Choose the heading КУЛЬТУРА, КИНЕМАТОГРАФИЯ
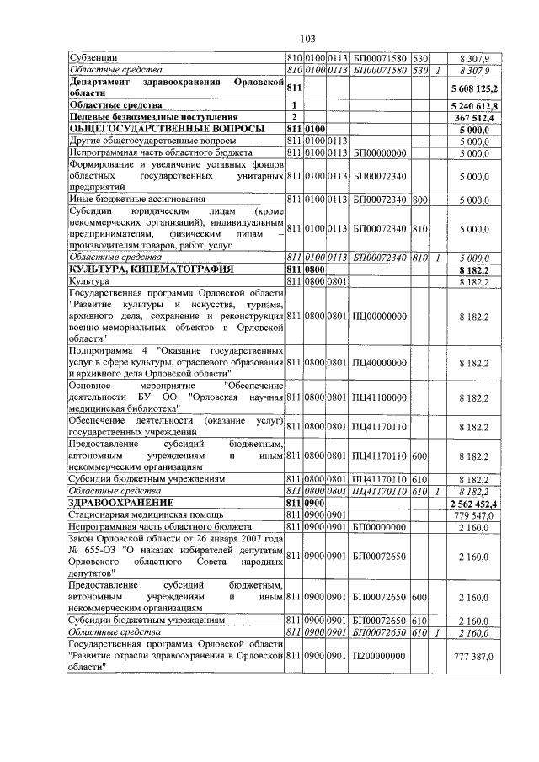point(148,268)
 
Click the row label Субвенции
point(93,57)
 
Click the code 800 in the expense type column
point(419,199)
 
